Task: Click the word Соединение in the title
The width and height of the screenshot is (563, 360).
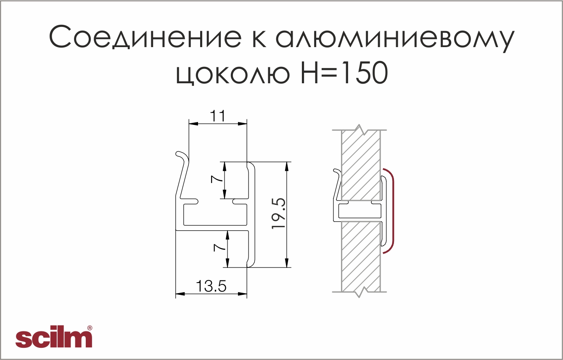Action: click(x=145, y=37)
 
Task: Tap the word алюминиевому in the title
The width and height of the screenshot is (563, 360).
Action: click(x=395, y=40)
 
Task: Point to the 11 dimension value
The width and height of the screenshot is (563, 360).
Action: click(x=218, y=116)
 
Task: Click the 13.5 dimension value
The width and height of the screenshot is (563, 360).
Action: click(x=211, y=286)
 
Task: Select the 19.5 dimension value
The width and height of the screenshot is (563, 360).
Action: click(x=278, y=214)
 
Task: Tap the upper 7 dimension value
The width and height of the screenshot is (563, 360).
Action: click(x=217, y=180)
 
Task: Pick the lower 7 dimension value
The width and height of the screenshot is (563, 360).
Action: click(x=219, y=248)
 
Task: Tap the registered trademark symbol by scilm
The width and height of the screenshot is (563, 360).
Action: click(x=90, y=328)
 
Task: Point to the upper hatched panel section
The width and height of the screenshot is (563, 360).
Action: click(x=361, y=165)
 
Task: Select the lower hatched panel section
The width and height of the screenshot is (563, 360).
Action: click(x=361, y=257)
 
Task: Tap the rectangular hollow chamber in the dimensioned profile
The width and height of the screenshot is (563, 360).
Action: click(x=215, y=214)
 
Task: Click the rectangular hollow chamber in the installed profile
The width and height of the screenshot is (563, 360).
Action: click(x=359, y=211)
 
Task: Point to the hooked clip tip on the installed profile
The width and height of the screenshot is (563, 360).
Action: click(x=335, y=170)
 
